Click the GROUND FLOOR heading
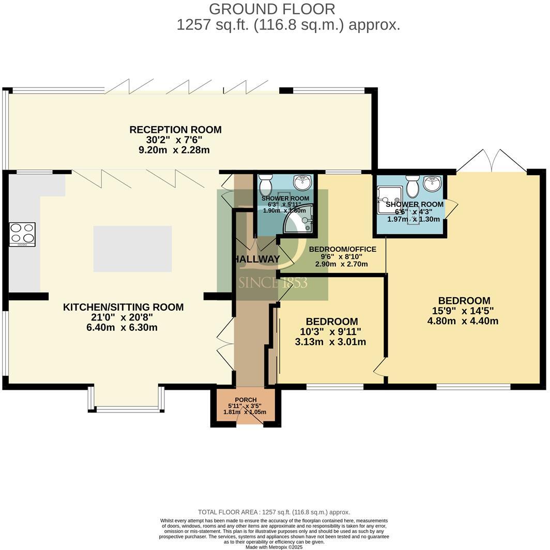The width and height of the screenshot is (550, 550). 272,9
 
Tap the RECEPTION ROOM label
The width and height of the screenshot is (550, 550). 175,130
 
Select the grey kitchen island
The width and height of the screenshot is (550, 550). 132,249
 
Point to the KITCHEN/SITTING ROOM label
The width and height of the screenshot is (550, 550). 123,307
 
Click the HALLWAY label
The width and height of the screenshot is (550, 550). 256,259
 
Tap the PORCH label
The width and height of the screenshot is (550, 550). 246,400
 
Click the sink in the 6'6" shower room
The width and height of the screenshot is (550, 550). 432,184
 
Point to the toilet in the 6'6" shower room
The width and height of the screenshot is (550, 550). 412,186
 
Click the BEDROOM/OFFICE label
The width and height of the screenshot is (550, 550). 342,249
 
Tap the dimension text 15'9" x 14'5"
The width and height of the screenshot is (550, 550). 463,311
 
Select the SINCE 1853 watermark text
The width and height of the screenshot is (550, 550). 273,283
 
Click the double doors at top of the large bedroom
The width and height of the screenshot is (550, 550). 491,160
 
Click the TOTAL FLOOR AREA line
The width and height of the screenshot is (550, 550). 274,512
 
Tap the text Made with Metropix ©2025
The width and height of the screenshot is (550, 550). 274,547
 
